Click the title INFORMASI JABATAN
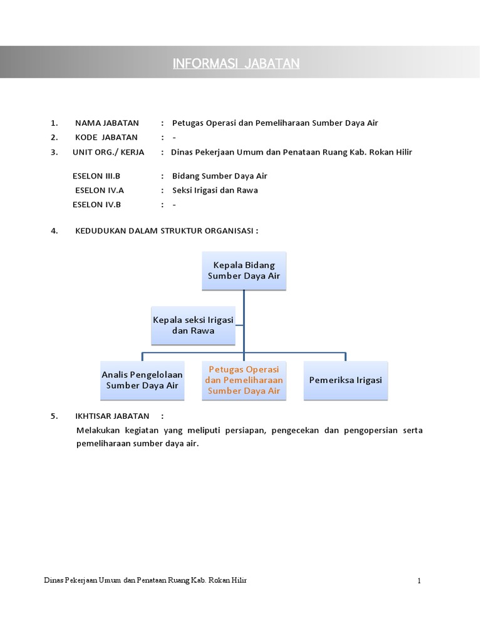tap(237, 64)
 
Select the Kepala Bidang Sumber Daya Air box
tap(244, 270)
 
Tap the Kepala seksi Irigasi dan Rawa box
tap(193, 325)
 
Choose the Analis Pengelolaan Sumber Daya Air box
tap(142, 380)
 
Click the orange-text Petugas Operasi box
tap(244, 380)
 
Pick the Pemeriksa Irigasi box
tap(345, 380)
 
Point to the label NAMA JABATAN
tap(107, 123)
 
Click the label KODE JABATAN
tap(106, 137)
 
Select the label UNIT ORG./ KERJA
tap(109, 152)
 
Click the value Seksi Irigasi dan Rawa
tap(215, 190)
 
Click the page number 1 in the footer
tap(419, 581)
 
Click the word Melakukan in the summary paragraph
tap(98, 431)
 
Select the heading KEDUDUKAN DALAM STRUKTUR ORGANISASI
tap(167, 230)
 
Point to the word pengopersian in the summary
tap(367, 431)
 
